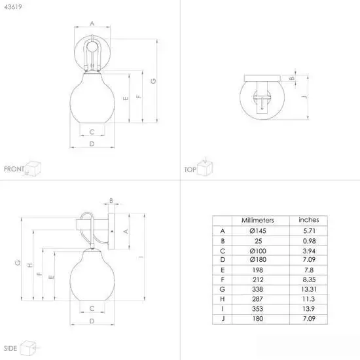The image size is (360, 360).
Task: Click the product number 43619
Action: click(13, 7)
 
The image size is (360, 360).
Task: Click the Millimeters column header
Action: click(258, 220)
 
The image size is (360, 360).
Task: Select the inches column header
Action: click(309, 220)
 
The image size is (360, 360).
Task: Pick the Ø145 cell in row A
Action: click(258, 231)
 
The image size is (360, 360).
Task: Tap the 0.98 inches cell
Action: click(309, 241)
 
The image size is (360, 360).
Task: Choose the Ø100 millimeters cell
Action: click(258, 251)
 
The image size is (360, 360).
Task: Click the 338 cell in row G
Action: click(257, 289)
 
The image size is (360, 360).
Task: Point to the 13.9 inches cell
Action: click(308, 309)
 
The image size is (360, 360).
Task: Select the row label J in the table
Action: click(223, 319)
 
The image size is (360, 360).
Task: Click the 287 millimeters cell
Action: click(257, 299)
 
